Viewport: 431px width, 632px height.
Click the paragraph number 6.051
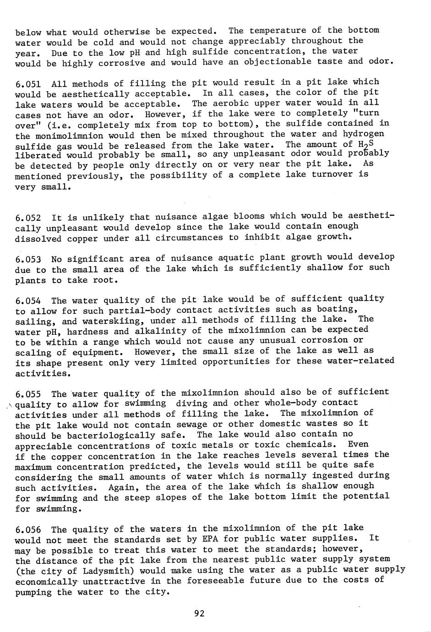click(28, 84)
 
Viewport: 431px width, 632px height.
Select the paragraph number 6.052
click(28, 217)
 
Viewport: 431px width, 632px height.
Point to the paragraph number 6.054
click(28, 301)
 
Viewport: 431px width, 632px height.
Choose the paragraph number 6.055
click(28, 394)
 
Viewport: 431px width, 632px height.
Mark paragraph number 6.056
click(28, 530)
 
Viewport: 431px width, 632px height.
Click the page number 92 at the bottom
click(199, 614)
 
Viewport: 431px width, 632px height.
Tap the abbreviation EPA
click(210, 539)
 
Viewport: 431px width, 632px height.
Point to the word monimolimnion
click(67, 136)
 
